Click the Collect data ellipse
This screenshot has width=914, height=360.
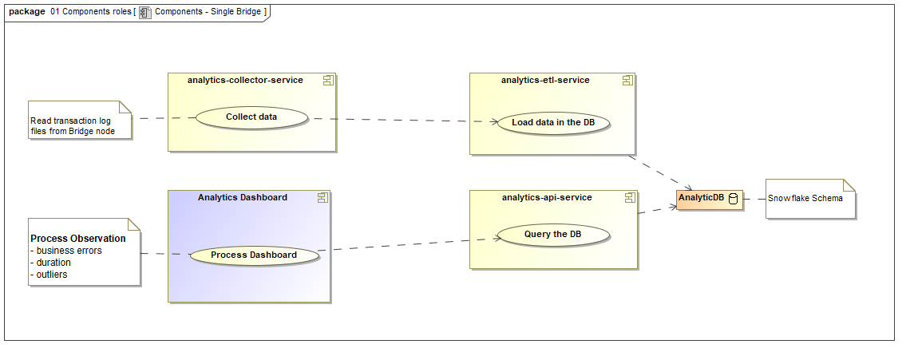pos(251,117)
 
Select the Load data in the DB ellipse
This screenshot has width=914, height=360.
pos(554,123)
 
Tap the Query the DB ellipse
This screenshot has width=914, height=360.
pos(553,235)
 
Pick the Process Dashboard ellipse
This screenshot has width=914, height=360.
pos(253,255)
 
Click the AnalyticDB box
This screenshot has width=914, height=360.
pos(709,199)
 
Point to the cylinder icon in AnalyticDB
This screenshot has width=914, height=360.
pos(732,199)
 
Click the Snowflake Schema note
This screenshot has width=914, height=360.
pos(809,199)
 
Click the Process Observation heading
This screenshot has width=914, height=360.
pos(77,239)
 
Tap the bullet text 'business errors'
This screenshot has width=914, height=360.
pos(69,251)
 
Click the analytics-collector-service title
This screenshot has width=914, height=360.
pos(245,80)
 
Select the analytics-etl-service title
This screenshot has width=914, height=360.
pos(545,80)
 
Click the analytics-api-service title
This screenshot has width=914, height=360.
pos(547,197)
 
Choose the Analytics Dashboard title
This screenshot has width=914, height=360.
pos(243,197)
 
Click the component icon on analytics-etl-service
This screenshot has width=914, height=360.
pos(627,80)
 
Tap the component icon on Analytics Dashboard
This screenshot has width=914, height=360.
pos(322,197)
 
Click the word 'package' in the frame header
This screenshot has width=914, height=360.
pos(26,12)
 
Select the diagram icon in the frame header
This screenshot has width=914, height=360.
pos(144,12)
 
